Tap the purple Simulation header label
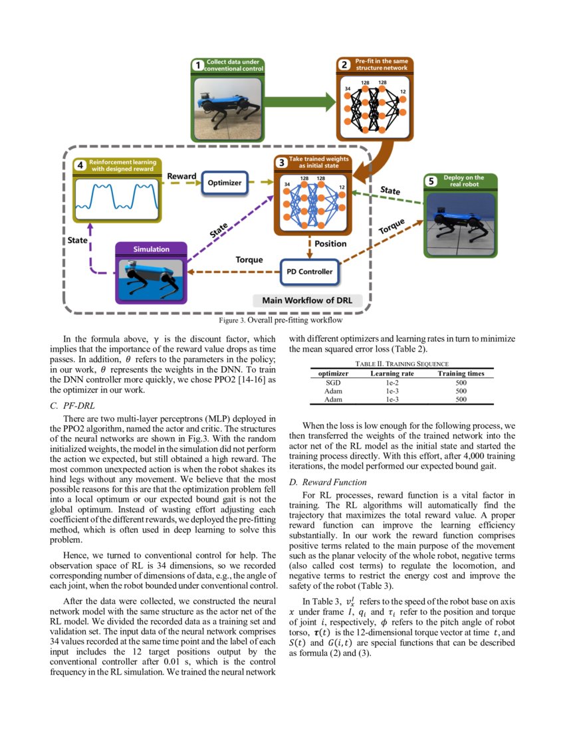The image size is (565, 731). click(151, 249)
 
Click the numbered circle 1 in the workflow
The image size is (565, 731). click(197, 65)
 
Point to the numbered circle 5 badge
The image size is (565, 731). click(431, 181)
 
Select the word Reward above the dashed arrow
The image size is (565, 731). click(181, 176)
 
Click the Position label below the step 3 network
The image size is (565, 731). click(330, 244)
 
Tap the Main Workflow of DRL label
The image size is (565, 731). click(306, 300)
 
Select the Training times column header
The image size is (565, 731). click(461, 373)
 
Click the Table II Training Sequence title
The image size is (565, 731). click(402, 364)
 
